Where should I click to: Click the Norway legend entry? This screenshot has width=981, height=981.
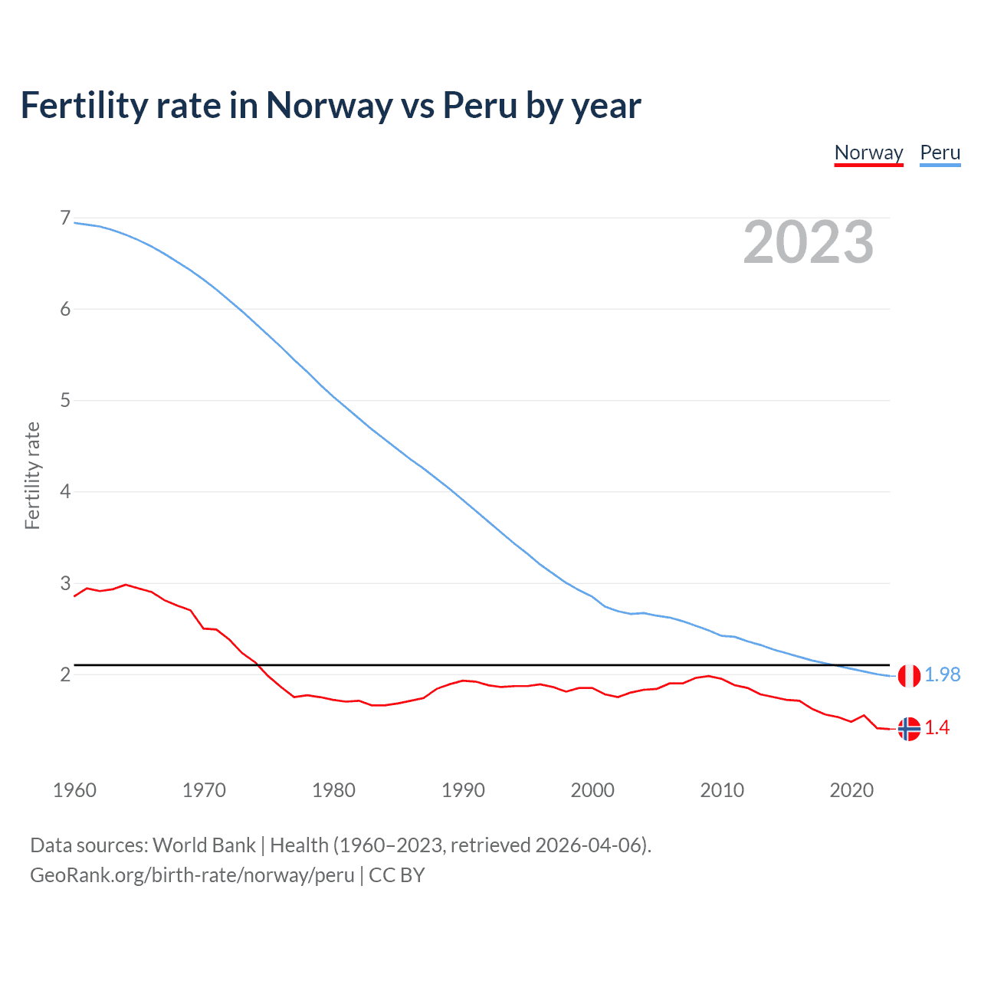[868, 153]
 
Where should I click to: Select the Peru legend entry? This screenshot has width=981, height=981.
[940, 153]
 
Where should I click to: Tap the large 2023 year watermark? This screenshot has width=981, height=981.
[808, 242]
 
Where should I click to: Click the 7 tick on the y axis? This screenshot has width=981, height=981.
[65, 218]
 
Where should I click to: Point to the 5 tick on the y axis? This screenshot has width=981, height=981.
[65, 400]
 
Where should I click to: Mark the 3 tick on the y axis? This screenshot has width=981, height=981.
[65, 583]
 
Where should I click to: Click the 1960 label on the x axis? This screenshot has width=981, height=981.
[74, 790]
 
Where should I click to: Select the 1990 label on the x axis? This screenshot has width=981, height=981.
[463, 790]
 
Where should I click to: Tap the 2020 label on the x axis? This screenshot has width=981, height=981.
[851, 790]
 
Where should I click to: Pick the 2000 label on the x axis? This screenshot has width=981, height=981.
[592, 790]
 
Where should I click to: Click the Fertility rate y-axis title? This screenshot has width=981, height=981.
[32, 475]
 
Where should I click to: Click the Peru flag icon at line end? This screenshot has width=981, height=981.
[909, 676]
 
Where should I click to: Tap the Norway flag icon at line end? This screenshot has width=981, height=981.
[909, 729]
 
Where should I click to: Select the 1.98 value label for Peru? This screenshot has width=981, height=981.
[942, 674]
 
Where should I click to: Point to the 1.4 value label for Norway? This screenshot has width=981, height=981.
[937, 728]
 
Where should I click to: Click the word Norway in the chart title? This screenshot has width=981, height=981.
[329, 106]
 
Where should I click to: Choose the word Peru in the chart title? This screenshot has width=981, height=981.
[480, 106]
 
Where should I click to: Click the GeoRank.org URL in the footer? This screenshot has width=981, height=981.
[192, 875]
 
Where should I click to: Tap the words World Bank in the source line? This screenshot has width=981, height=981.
[204, 845]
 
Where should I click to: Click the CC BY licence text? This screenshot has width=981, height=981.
[397, 875]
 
